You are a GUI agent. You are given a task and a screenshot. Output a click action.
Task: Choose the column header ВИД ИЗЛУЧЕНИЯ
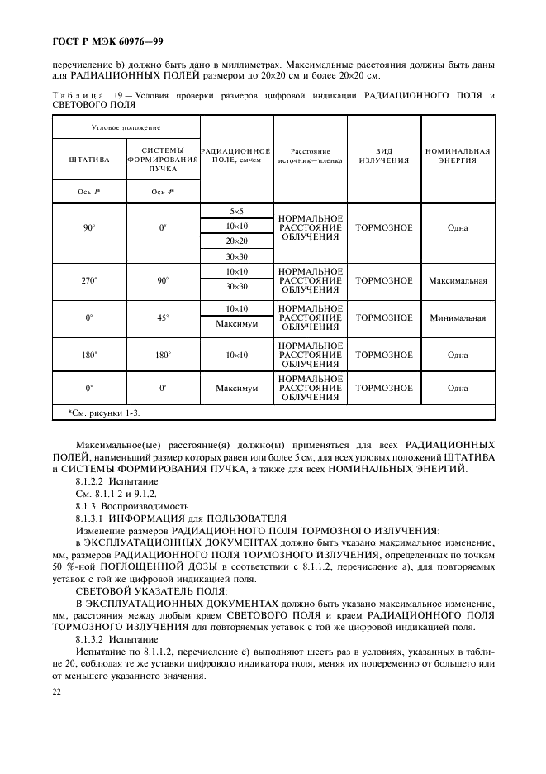[384, 155]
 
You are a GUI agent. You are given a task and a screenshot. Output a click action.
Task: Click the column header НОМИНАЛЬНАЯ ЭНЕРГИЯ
[458, 155]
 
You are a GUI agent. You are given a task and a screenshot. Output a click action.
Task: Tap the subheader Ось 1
[89, 191]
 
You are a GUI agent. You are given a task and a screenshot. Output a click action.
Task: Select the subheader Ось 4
[164, 191]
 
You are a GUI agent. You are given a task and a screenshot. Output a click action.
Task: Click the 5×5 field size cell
[237, 212]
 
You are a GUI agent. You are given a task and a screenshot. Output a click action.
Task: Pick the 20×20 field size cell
[237, 241]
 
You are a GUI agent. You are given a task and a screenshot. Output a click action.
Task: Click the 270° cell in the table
[89, 280]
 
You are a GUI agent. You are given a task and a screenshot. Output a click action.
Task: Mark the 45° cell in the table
[164, 318]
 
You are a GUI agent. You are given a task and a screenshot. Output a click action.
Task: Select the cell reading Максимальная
[458, 280]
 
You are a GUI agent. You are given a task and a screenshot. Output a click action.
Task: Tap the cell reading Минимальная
[458, 318]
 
